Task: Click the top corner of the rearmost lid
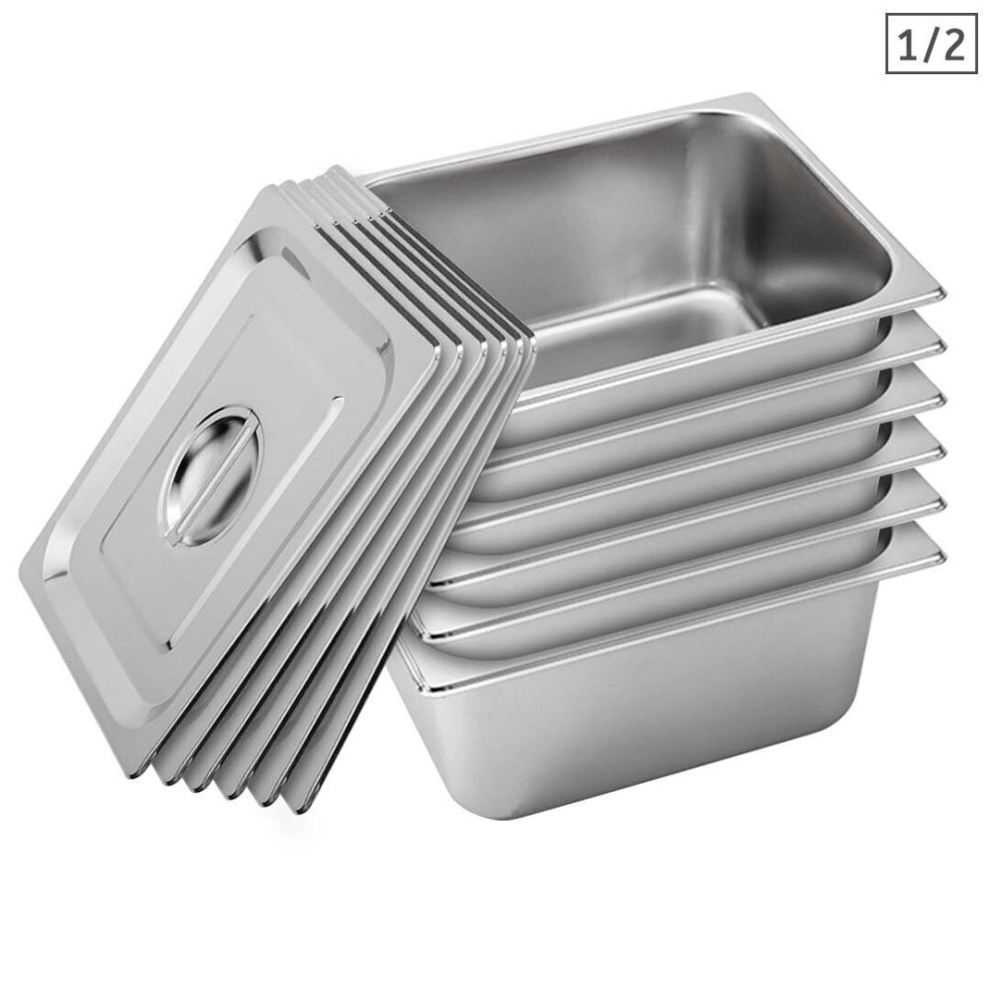coord(342,170)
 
